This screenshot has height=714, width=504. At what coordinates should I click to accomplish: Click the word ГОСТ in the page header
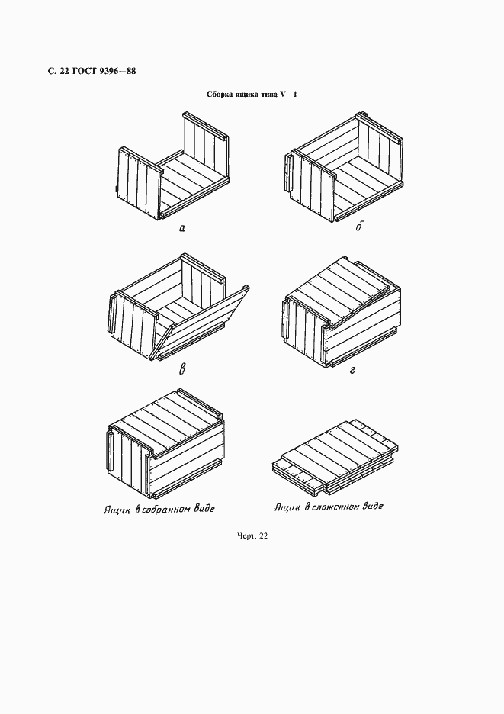[x=82, y=72]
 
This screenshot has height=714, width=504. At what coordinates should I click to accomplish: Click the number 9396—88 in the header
[x=116, y=72]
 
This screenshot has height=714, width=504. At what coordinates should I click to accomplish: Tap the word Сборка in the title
[x=220, y=95]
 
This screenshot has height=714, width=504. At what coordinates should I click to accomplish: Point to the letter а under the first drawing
[x=181, y=228]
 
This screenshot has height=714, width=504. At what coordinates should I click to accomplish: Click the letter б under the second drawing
[x=359, y=227]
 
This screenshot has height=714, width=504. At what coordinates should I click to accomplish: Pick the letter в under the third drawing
[x=181, y=369]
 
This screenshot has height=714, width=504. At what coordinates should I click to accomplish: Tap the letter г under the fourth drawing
[x=352, y=370]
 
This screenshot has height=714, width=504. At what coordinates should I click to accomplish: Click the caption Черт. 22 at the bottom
[x=252, y=536]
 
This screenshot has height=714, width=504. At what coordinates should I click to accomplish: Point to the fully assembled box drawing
[x=165, y=445]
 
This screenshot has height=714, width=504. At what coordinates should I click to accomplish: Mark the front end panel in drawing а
[x=140, y=183]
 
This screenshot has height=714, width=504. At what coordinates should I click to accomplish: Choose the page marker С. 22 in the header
[x=57, y=72]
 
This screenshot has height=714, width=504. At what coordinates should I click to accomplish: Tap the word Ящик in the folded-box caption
[x=287, y=507]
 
